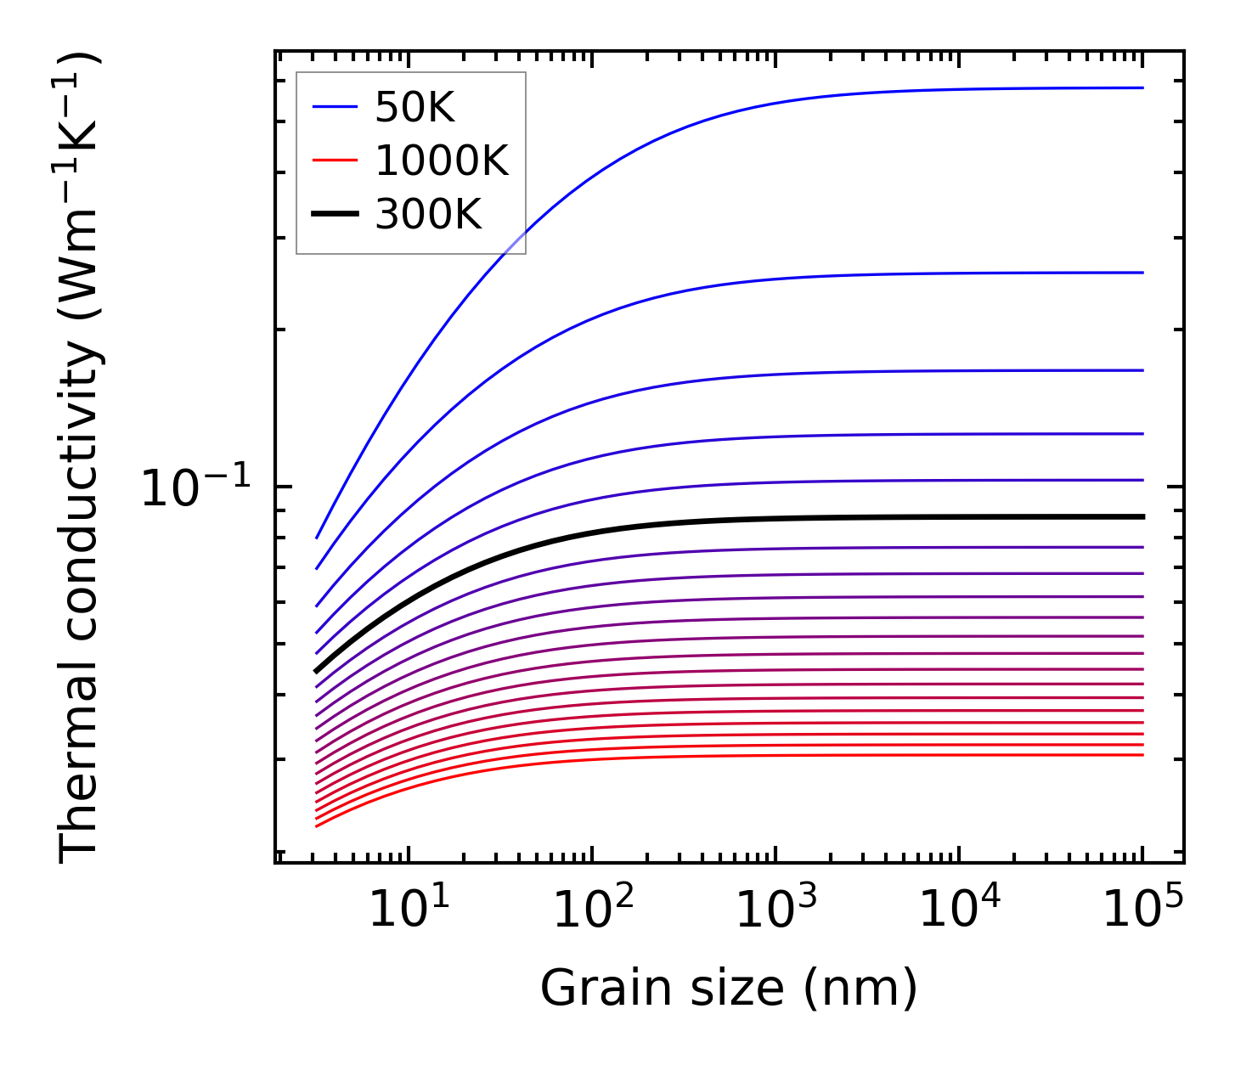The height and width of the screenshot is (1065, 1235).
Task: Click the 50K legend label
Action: click(x=414, y=108)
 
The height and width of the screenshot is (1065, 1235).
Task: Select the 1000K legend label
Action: click(x=441, y=161)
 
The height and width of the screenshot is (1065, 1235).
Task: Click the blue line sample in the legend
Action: click(x=335, y=107)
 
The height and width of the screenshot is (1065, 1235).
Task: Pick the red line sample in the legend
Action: click(x=335, y=161)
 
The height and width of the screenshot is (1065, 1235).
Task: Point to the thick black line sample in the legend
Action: click(x=335, y=214)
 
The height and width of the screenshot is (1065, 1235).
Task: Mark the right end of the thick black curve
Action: click(x=1143, y=516)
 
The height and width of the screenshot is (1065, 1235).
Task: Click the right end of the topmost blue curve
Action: click(x=1143, y=87)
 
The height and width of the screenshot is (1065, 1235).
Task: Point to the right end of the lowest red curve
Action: click(x=1143, y=755)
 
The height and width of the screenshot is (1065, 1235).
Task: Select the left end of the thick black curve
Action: click(x=316, y=671)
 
